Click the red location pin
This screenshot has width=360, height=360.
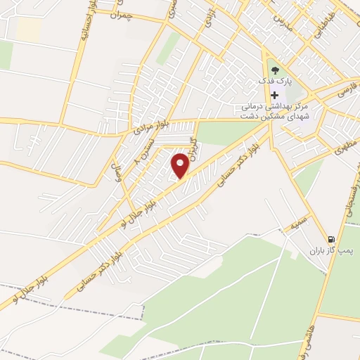(180, 165)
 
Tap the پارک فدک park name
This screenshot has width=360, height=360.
(274, 80)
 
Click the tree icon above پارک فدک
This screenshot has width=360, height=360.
(274, 69)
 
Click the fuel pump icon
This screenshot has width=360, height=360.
(331, 238)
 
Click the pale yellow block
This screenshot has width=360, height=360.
(28, 30)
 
